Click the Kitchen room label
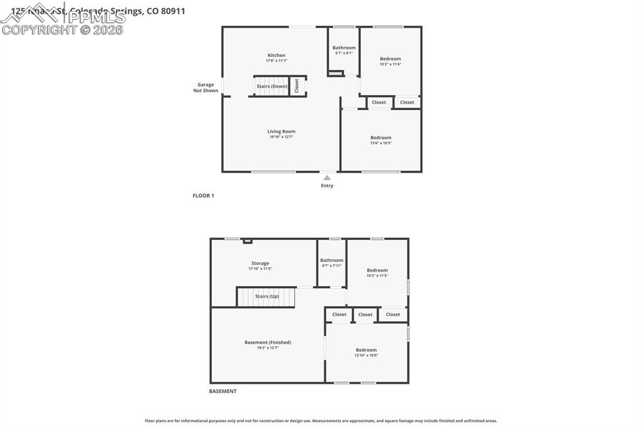(x=276, y=55)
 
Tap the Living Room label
(x=281, y=131)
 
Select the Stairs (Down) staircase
(x=271, y=86)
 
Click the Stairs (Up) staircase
(x=266, y=297)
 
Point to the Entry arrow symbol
(x=327, y=178)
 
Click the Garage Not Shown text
(x=206, y=88)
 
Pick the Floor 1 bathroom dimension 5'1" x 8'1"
(x=344, y=53)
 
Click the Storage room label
(x=260, y=263)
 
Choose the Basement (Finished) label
(x=268, y=342)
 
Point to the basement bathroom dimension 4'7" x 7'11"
(x=332, y=265)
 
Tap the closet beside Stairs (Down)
(x=297, y=86)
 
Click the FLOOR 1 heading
(x=203, y=195)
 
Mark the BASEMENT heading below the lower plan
(x=223, y=391)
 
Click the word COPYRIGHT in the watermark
(x=39, y=29)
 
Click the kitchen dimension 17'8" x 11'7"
(x=276, y=61)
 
